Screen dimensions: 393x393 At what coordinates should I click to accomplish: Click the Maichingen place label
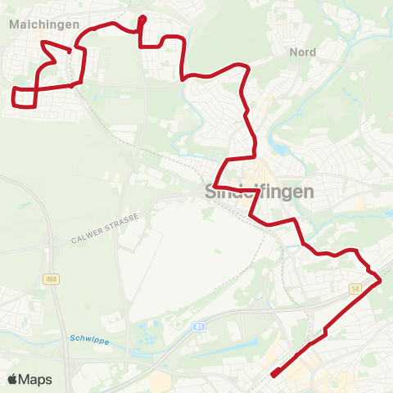pyautogui.click(x=44, y=25)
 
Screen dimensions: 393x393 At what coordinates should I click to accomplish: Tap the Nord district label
pyautogui.click(x=302, y=52)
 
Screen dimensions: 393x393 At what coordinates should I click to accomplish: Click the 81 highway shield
pyautogui.click(x=199, y=326)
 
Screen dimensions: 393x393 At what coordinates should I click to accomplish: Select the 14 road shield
pyautogui.click(x=355, y=289)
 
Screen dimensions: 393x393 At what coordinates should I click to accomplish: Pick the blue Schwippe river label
pyautogui.click(x=88, y=338)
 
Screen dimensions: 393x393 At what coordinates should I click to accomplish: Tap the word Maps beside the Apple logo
pyautogui.click(x=35, y=379)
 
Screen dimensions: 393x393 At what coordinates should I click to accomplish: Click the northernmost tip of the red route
pyautogui.click(x=142, y=17)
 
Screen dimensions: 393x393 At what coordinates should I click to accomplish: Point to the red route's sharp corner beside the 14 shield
pyautogui.click(x=380, y=282)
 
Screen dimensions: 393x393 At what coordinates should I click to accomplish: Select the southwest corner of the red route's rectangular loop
pyautogui.click(x=14, y=104)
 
